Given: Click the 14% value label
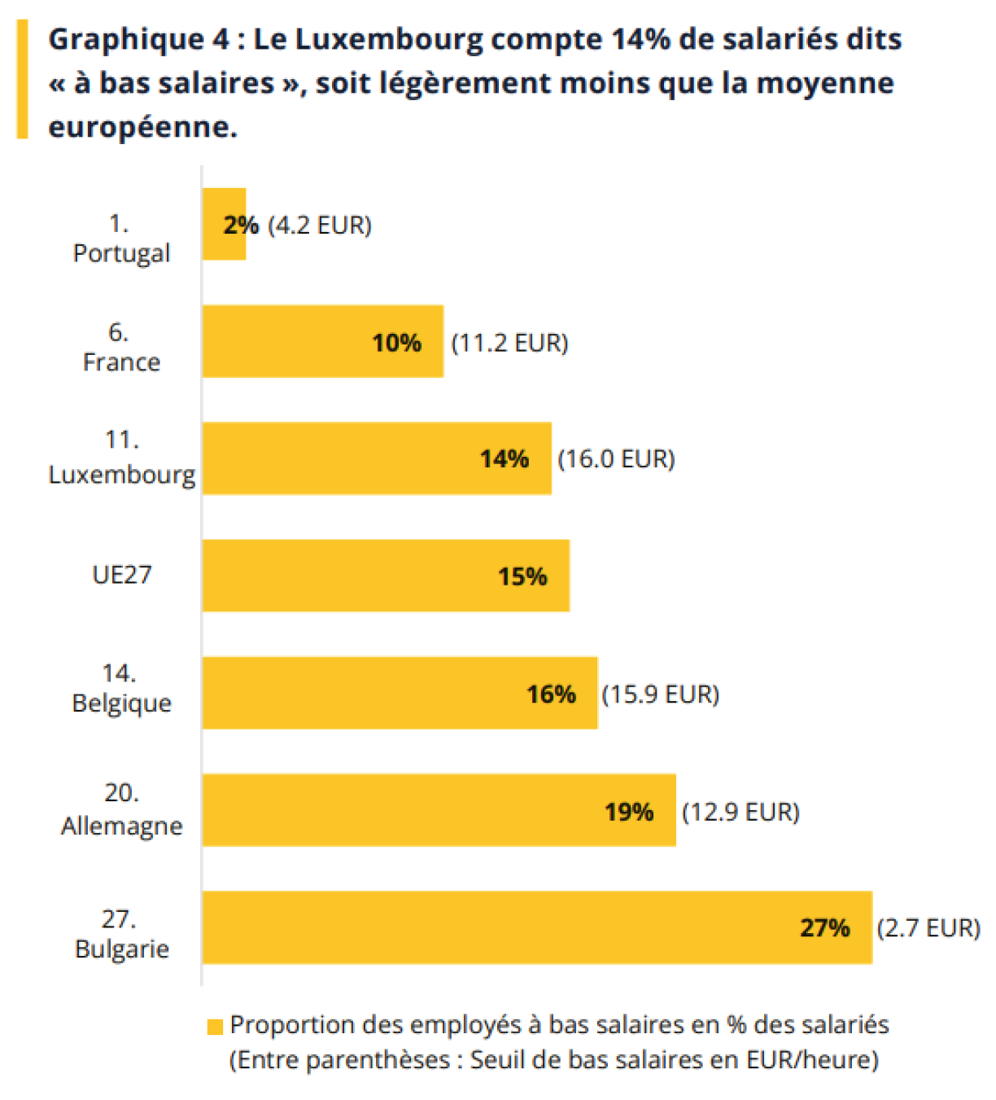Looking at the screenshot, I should click(505, 459).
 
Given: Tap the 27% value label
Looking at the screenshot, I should click(824, 928).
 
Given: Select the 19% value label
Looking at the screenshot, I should click(629, 812).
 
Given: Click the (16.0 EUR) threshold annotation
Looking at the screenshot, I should click(616, 459).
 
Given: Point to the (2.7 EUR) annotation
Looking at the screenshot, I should click(928, 928).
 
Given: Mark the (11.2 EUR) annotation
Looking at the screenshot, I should click(509, 343).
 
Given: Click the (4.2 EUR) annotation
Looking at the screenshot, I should click(319, 225).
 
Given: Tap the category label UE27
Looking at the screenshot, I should click(122, 575).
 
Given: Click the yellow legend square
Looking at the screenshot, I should click(215, 1027).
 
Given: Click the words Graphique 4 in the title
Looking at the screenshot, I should click(138, 39).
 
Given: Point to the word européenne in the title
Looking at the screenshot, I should click(142, 127).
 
